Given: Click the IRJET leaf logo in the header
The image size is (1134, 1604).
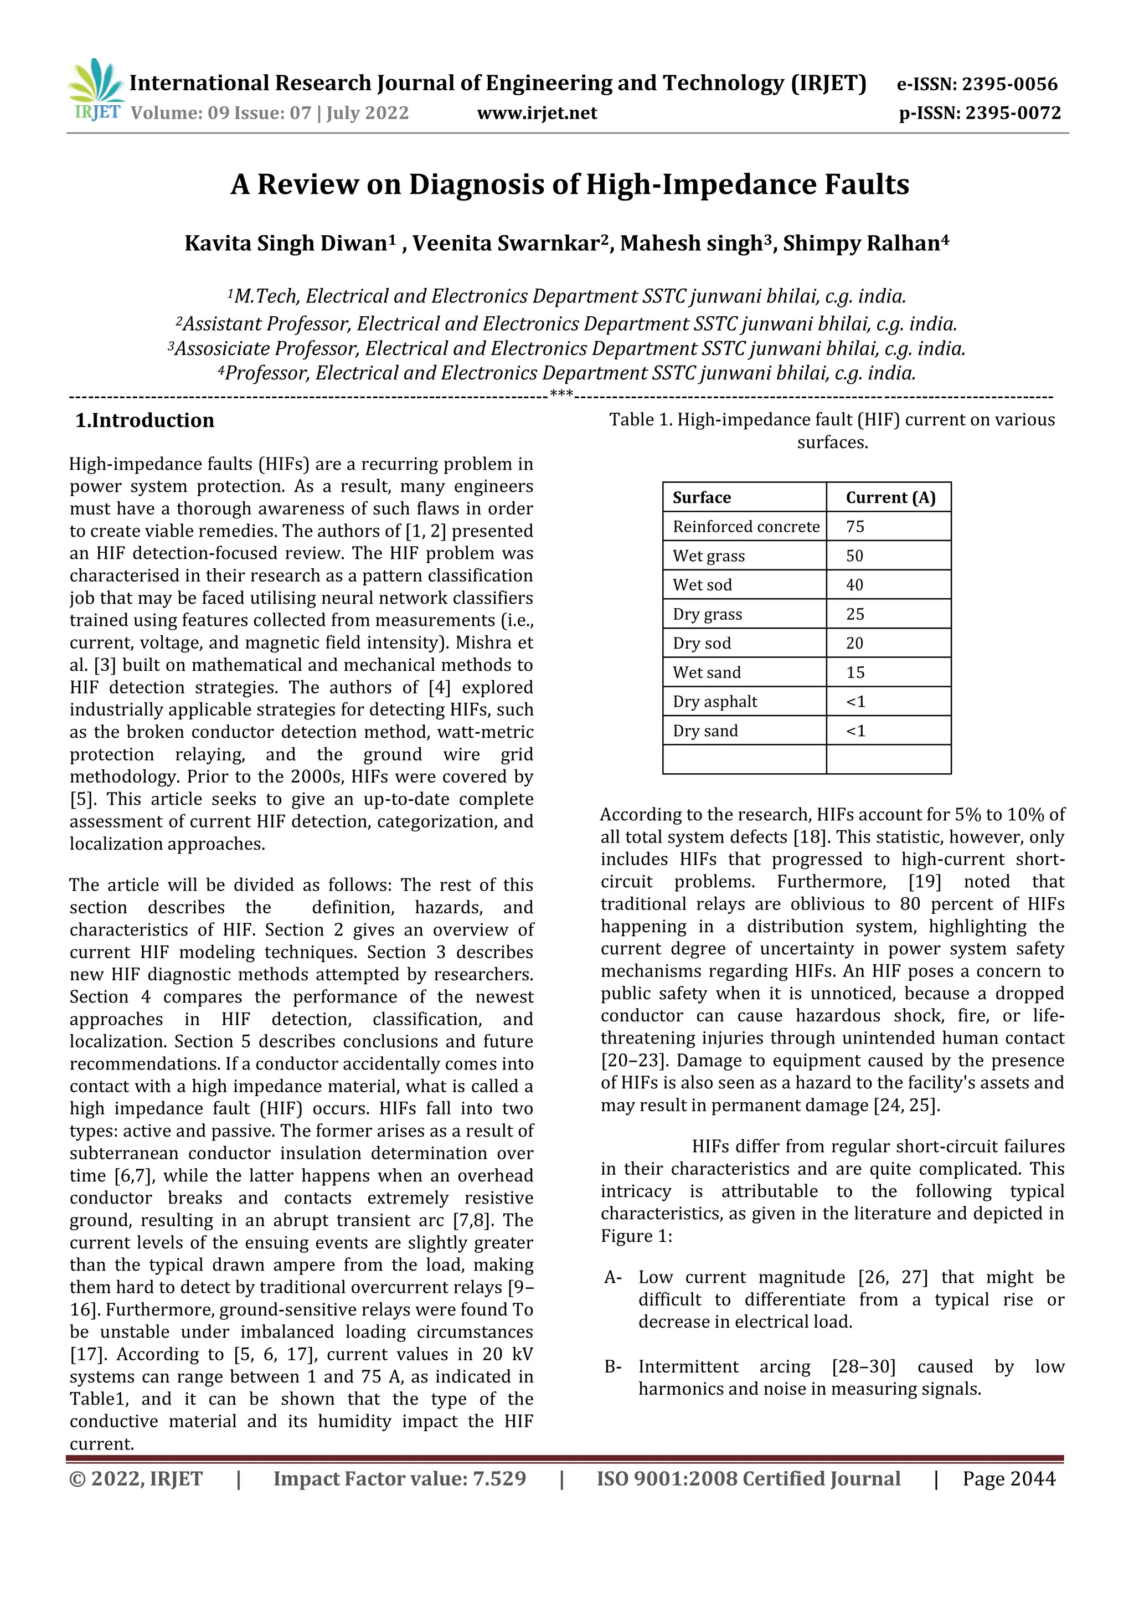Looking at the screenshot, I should pos(97,89).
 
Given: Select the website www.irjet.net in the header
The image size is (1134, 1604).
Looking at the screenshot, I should pos(537,113).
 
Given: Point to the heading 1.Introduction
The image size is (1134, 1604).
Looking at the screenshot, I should pos(145,420).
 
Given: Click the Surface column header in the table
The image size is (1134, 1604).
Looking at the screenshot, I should pos(701,497).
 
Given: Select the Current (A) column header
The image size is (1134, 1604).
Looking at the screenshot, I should pos(890,497).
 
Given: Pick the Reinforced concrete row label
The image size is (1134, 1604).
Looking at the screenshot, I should pos(746,527).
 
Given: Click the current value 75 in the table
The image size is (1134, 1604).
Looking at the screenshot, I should pos(855,527).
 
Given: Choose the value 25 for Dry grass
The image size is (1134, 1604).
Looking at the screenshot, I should pos(855,615).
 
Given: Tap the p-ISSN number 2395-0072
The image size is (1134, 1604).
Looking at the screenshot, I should pos(1013,113).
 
